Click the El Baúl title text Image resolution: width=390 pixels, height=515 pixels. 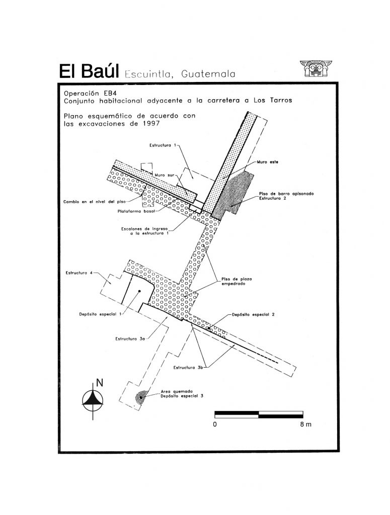click(x=89, y=71)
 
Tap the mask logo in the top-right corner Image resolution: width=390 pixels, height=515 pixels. click(x=316, y=68)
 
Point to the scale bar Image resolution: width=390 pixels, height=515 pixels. click(x=259, y=414)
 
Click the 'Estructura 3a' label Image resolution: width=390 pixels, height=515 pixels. click(x=130, y=338)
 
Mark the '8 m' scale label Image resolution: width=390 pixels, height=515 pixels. click(x=305, y=424)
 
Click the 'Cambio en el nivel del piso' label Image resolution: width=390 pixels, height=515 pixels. click(x=94, y=202)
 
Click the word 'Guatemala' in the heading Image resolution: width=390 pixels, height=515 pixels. click(x=208, y=74)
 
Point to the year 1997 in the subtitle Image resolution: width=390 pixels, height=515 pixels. click(x=151, y=124)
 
